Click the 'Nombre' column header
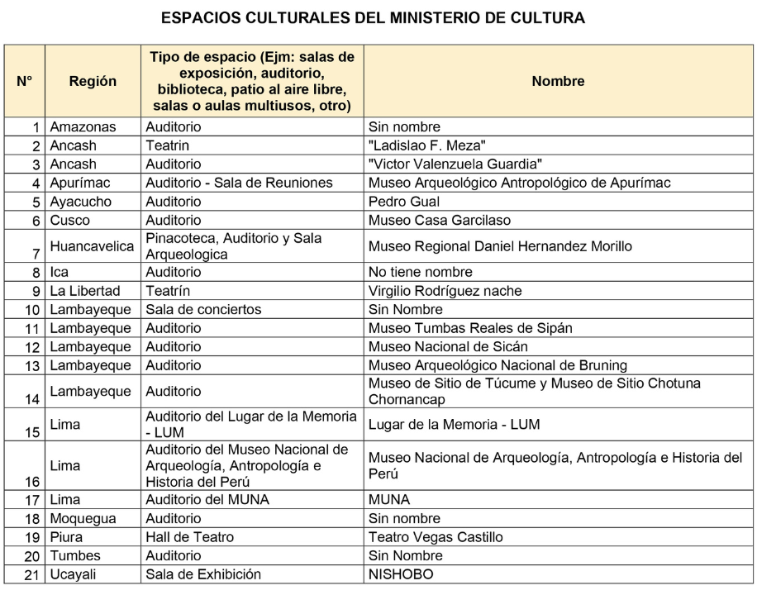point(558,81)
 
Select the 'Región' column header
point(93,81)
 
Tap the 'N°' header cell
point(24,81)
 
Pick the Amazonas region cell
point(83,127)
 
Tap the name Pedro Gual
point(404,201)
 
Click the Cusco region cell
point(70,220)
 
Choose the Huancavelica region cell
point(92,246)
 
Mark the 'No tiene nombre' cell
point(421,272)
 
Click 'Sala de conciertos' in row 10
point(203,309)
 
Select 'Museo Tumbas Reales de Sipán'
point(470,328)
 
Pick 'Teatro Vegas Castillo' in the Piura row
point(436,537)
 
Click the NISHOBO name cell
point(401,574)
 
